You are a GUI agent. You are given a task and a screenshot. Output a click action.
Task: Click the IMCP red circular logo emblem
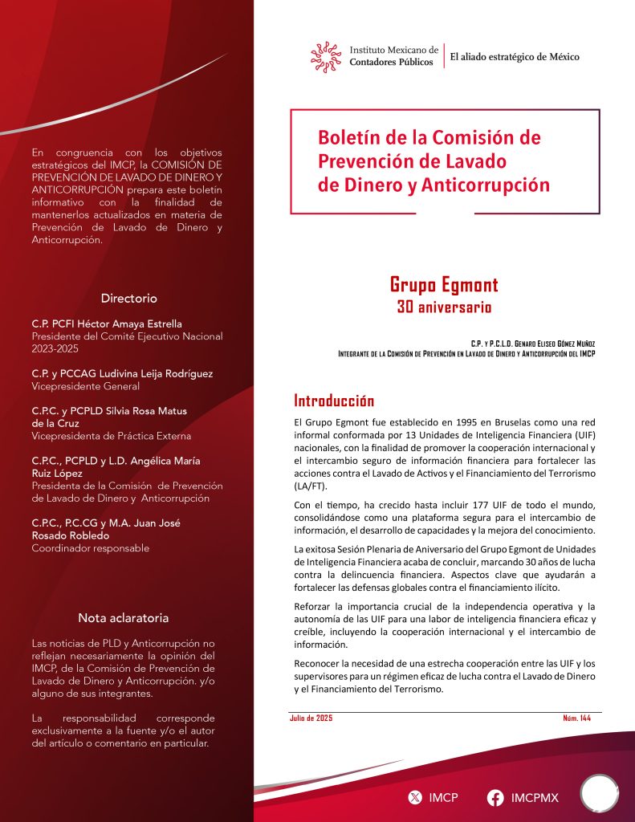326,56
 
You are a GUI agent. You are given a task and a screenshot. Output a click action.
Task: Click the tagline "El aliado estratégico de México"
515,57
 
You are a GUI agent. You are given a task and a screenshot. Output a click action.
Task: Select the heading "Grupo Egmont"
444,285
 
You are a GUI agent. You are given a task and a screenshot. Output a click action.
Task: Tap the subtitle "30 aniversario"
444,307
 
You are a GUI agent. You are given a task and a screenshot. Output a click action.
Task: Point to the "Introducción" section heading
334,401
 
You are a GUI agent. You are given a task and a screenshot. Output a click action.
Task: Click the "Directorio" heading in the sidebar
128,298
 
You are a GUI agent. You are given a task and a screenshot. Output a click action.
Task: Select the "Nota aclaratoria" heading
124,618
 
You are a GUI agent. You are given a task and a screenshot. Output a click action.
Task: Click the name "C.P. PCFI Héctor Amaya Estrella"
107,324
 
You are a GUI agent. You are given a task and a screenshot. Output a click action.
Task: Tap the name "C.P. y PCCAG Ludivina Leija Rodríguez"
122,373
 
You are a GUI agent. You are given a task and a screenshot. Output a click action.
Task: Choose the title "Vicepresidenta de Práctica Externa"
111,436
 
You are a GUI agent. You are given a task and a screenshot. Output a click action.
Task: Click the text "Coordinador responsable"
90,548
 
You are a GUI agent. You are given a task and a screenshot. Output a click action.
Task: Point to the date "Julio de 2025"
311,718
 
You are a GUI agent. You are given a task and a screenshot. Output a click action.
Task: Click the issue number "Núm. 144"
576,718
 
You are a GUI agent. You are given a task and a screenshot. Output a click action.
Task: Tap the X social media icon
414,797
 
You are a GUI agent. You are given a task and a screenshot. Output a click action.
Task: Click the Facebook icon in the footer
495,797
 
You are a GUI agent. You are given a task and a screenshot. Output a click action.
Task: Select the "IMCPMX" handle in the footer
535,797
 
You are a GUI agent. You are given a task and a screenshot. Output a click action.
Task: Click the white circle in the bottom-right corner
599,794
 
